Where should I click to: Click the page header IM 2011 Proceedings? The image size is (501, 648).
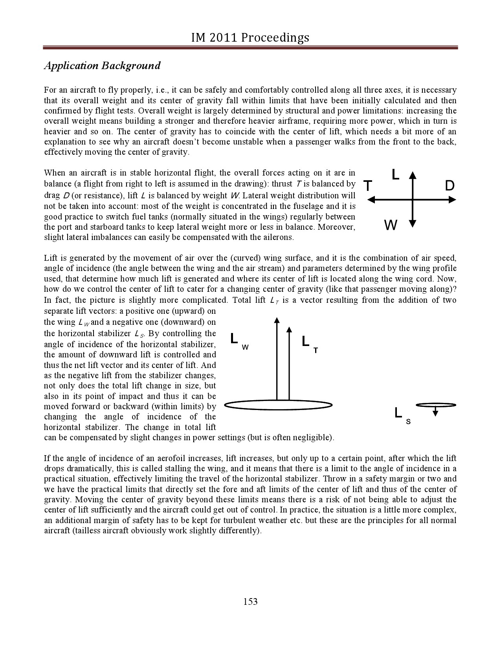point(250,38)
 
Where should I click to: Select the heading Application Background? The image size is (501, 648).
point(102,66)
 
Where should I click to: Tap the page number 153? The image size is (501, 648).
point(250,601)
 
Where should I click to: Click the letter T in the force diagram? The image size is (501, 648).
point(368,186)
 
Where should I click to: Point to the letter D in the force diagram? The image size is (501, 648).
point(450,186)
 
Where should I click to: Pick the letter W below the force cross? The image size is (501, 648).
point(391,225)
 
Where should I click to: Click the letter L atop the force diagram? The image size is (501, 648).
point(395,174)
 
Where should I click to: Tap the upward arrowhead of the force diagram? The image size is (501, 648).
point(412,175)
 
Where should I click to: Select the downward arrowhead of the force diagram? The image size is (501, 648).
point(412,224)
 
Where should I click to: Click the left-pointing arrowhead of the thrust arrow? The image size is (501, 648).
point(371,200)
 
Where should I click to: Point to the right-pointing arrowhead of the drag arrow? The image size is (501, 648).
point(453,200)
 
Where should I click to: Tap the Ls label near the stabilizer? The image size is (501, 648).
point(402,415)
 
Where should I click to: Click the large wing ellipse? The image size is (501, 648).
point(278,405)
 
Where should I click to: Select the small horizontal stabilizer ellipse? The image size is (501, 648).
point(436,405)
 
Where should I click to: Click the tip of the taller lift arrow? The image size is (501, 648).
point(277,320)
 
